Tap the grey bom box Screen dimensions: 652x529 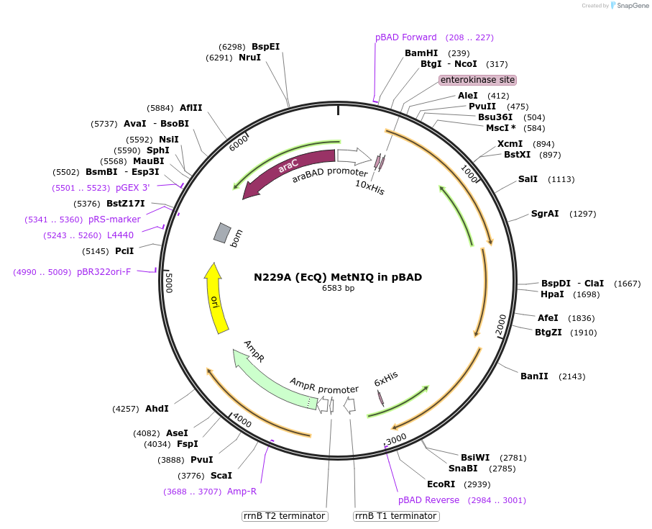point(222,232)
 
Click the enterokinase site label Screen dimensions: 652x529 point(477,80)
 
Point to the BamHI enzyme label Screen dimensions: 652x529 point(421,53)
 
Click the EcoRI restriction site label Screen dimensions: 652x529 point(441,484)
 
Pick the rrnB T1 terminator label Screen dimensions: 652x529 point(396,516)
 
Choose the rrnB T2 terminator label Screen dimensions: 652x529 point(285,516)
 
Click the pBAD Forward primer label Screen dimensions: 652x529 point(405,37)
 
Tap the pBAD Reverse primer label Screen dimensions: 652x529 point(428,500)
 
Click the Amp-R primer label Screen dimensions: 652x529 point(242,492)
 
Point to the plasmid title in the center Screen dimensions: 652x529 point(338,277)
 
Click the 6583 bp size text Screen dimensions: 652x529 point(338,289)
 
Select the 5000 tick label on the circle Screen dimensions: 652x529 point(168,282)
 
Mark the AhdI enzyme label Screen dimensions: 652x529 point(157,409)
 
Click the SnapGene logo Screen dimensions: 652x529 point(625,6)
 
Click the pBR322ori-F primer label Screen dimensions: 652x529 point(104,272)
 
